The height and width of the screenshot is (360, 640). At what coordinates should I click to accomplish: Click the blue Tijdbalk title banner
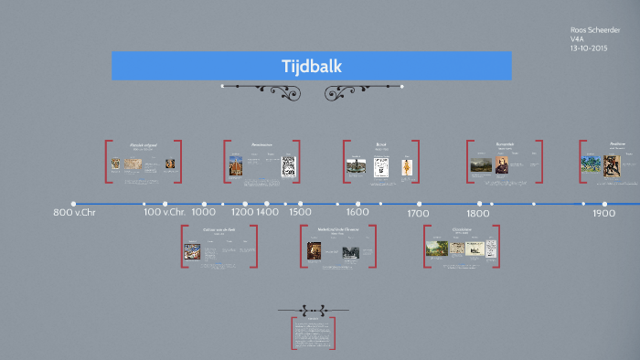(311, 66)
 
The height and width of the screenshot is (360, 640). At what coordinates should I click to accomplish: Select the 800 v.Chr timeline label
(74, 213)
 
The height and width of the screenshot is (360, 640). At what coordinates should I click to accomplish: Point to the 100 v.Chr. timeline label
(165, 213)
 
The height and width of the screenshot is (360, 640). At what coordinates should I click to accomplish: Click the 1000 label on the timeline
(204, 213)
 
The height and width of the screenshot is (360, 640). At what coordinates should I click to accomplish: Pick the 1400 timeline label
(267, 213)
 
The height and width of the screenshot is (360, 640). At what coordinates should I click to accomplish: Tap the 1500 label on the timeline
(300, 213)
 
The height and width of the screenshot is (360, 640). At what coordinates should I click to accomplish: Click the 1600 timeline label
(357, 213)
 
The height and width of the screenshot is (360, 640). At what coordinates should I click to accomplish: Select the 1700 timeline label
(419, 213)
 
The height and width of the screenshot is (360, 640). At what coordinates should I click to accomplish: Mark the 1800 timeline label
(479, 213)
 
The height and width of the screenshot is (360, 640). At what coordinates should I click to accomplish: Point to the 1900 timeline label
(603, 213)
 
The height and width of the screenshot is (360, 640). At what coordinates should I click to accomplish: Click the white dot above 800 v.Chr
(73, 204)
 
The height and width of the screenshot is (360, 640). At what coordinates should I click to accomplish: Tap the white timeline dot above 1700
(420, 204)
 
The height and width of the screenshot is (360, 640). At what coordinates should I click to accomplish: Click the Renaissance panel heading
(261, 144)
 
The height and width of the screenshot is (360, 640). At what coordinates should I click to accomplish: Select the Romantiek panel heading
(506, 144)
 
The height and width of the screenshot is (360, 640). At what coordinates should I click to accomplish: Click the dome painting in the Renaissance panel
(236, 165)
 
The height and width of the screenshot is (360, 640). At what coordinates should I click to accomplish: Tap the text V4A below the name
(576, 39)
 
